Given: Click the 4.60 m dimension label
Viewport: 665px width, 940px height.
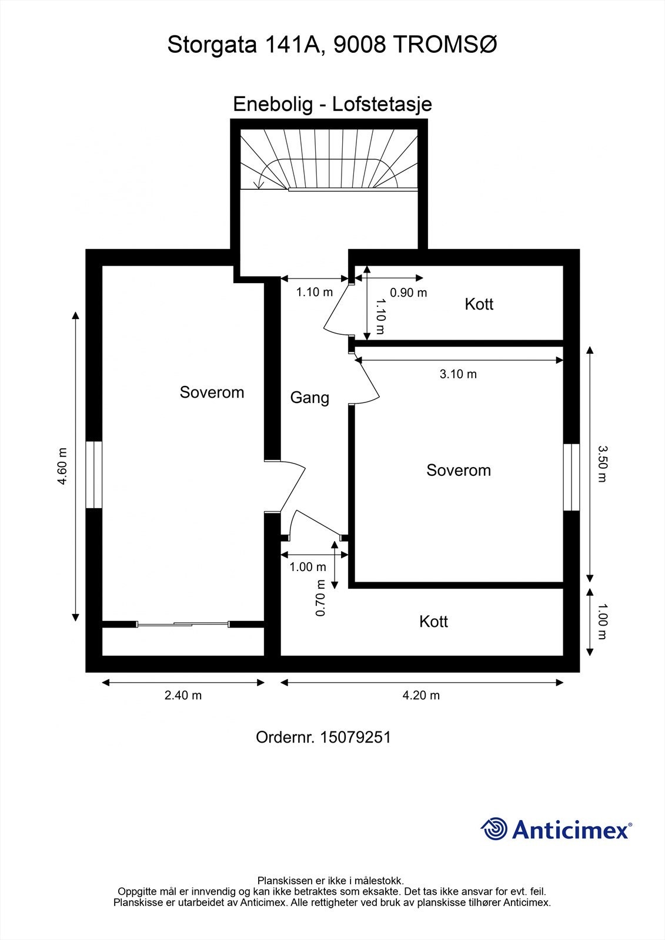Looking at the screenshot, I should point(62,466).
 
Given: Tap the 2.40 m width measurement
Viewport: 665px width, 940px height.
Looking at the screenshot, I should point(183,695).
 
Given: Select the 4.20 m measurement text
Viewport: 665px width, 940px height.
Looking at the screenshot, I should point(421,695).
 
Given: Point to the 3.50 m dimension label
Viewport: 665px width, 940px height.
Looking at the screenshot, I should point(601,464).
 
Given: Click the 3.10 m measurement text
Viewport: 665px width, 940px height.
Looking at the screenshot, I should point(458,374).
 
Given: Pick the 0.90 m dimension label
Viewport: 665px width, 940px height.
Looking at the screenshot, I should point(409,293).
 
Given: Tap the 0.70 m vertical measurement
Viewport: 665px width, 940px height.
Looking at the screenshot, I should point(320,597).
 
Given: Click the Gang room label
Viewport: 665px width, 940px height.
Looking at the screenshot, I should point(309,398).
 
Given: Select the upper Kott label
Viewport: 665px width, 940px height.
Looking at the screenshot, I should point(479,304).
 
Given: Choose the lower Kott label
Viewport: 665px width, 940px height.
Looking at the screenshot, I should point(433,622).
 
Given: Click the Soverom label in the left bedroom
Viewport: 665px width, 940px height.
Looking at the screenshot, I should point(212,392).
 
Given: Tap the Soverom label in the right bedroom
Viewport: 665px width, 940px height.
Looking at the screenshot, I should point(459,470).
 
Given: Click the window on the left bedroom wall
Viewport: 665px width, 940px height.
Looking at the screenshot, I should point(94,475).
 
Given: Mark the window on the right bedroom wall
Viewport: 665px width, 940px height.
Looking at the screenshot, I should point(571,477).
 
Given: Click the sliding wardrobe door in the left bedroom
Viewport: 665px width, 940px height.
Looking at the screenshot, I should point(182,624).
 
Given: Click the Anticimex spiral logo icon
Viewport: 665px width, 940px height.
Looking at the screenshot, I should point(494,829).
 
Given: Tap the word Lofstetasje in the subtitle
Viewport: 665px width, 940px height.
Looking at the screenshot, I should point(382,104).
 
